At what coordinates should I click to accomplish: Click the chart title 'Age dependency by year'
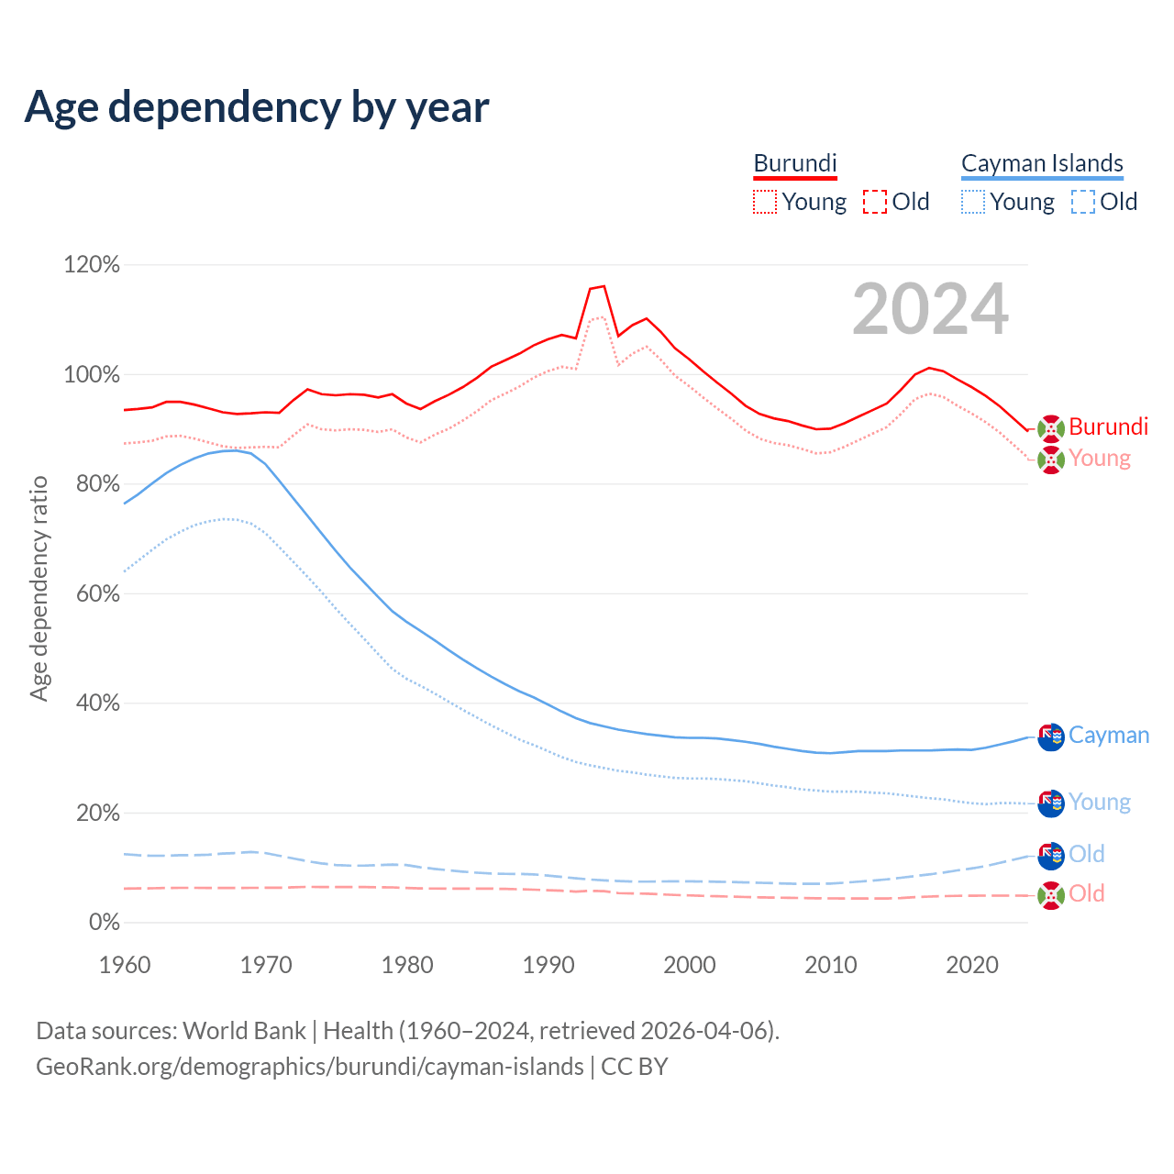(257, 106)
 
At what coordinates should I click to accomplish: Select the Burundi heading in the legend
(795, 163)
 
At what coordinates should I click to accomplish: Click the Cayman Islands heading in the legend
(1042, 163)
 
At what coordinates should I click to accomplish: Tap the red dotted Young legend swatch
(764, 202)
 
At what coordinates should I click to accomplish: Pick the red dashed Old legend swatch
(875, 202)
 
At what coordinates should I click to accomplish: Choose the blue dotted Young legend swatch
(972, 202)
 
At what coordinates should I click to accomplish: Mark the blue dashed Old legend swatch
(1083, 202)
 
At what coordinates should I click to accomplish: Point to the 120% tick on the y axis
(92, 265)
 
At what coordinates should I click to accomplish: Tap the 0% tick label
(105, 923)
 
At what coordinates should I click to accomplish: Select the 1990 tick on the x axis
(548, 965)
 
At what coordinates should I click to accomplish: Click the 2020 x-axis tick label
(972, 965)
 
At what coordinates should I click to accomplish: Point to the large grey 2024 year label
(930, 309)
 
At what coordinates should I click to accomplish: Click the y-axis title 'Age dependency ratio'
(39, 588)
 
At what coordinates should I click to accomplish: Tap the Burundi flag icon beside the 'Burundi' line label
(1051, 427)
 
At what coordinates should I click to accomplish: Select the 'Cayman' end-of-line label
(1109, 736)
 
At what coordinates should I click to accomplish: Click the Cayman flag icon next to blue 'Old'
(1051, 855)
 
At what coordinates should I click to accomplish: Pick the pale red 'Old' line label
(1087, 893)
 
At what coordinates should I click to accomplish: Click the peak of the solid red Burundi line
(604, 286)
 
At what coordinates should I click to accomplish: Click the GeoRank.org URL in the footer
(310, 1067)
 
